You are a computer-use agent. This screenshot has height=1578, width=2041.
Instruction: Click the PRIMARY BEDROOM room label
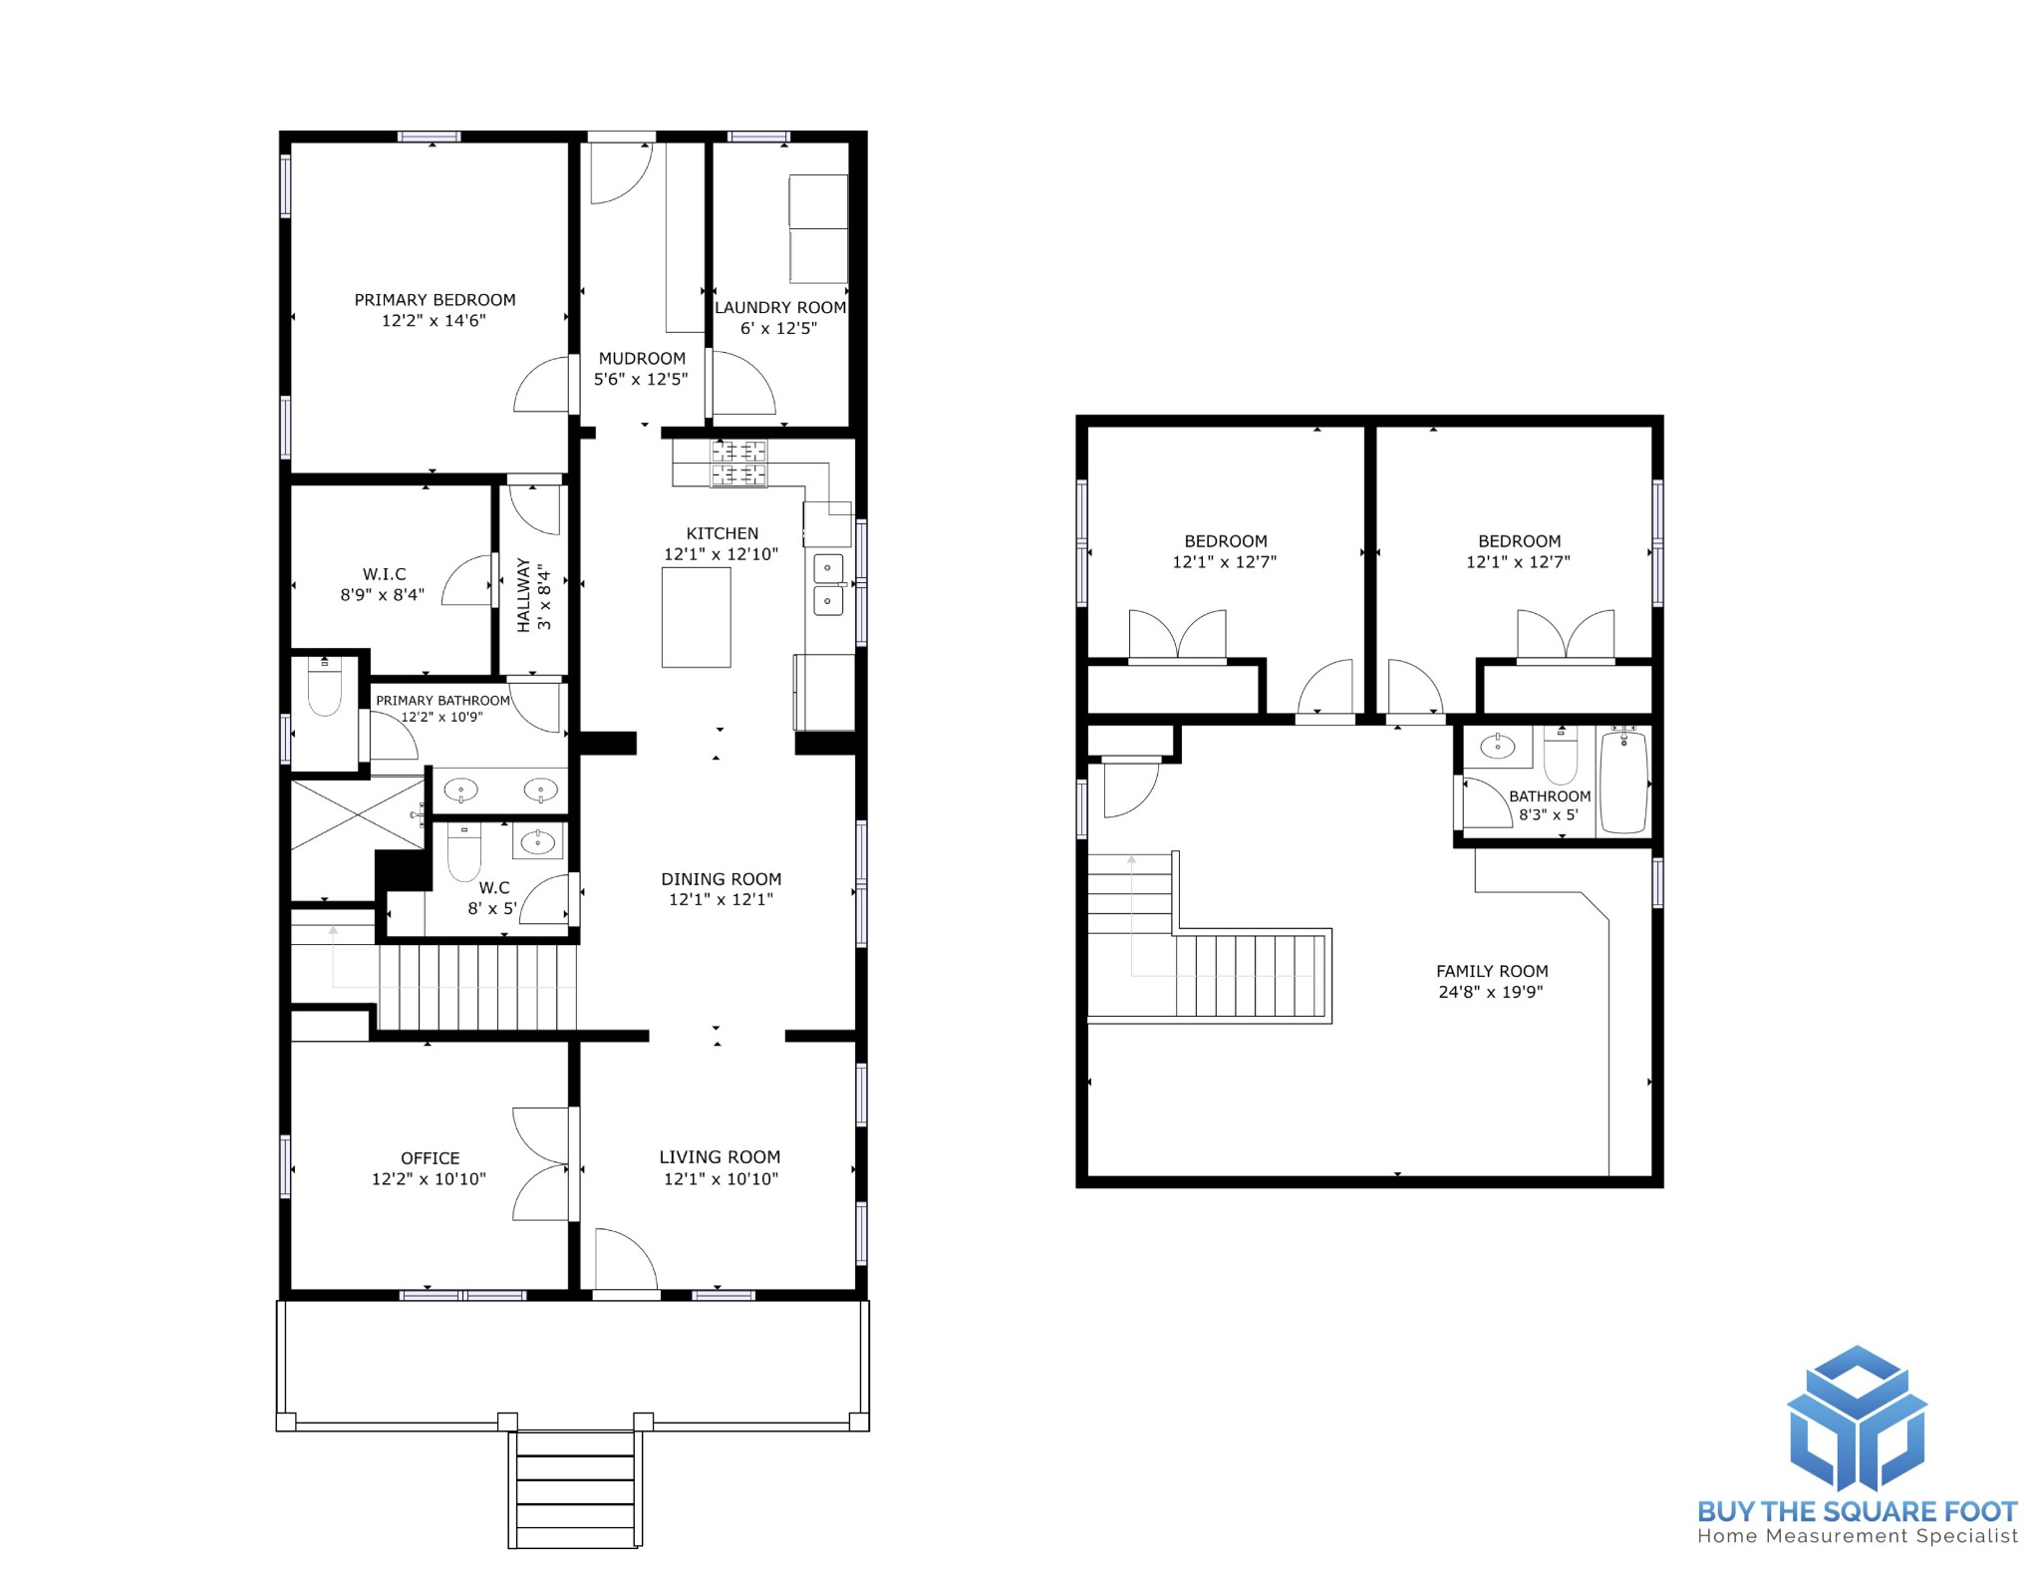(436, 300)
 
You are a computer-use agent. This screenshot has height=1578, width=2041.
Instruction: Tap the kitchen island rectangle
(696, 617)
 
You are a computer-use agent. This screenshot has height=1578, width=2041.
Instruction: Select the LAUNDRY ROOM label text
(780, 308)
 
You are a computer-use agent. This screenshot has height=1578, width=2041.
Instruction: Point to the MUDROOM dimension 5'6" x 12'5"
(641, 380)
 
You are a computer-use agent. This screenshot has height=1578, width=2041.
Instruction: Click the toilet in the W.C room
(463, 850)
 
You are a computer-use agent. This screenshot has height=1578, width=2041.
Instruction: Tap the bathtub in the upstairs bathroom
(1623, 782)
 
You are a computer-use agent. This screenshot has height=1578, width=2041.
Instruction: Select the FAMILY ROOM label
(1492, 971)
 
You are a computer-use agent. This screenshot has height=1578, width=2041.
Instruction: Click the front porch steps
(576, 1489)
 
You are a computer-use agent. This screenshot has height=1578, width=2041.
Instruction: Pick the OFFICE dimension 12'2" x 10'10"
(429, 1179)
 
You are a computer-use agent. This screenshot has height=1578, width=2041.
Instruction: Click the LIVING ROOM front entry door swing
(626, 1260)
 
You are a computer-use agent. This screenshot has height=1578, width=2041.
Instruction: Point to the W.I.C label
(385, 574)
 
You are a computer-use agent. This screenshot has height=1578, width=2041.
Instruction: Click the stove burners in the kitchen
(738, 464)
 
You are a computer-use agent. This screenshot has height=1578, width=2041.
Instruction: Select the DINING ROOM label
(721, 879)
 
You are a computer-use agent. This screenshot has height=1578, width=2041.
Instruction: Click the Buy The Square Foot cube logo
(1857, 1419)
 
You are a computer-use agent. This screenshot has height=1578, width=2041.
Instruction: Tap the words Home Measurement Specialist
(1858, 1536)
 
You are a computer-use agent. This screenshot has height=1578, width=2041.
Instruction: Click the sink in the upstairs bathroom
(1498, 746)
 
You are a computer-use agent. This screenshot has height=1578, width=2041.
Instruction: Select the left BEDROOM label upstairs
(1226, 542)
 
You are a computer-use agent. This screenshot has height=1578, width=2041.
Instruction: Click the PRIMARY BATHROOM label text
(442, 701)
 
